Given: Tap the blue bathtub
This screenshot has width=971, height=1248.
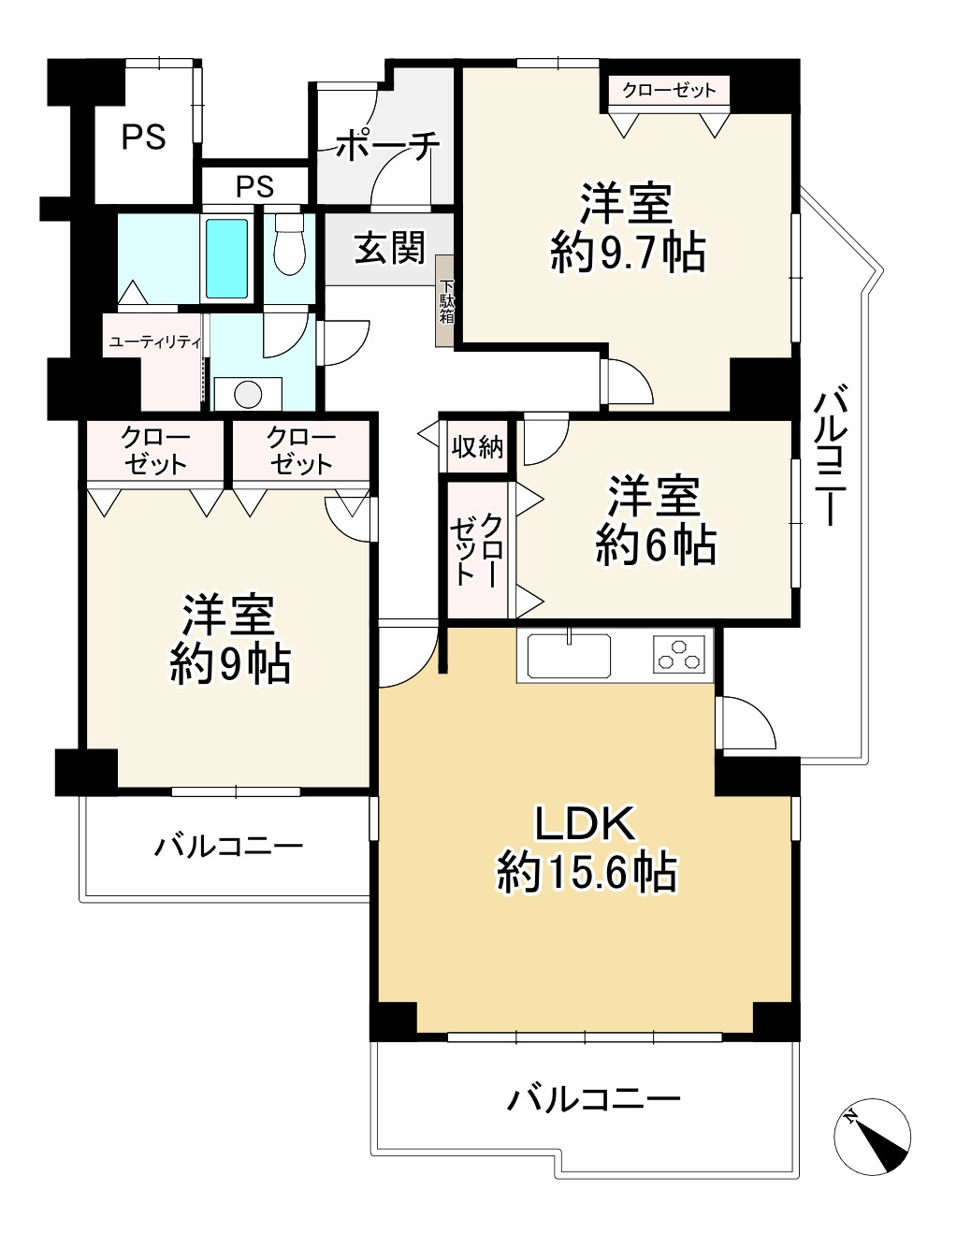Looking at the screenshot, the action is pyautogui.click(x=226, y=259).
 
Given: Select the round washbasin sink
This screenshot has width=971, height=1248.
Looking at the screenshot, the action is pyautogui.click(x=248, y=394).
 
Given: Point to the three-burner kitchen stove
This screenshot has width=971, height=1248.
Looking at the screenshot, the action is pyautogui.click(x=679, y=655).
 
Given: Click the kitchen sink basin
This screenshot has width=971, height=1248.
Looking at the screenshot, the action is pyautogui.click(x=569, y=655).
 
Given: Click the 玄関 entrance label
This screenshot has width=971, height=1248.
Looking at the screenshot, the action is pyautogui.click(x=390, y=249).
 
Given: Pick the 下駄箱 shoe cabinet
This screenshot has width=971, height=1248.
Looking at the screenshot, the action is pyautogui.click(x=445, y=301).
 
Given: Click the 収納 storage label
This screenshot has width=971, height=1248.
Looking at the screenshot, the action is pyautogui.click(x=477, y=447).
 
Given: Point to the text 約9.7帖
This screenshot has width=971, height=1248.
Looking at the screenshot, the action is pyautogui.click(x=629, y=254).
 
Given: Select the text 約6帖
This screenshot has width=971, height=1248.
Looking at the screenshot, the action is pyautogui.click(x=655, y=545).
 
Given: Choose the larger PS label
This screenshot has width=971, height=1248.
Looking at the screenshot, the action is pyautogui.click(x=143, y=138).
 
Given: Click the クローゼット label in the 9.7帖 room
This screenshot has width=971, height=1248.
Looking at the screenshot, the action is pyautogui.click(x=669, y=90).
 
